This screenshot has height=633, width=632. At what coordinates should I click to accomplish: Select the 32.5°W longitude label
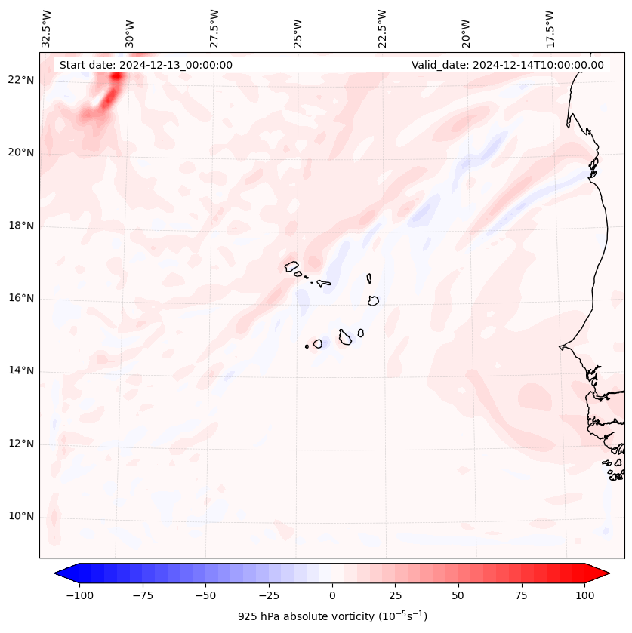tap(48, 28)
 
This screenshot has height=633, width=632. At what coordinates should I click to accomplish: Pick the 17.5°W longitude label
tap(550, 28)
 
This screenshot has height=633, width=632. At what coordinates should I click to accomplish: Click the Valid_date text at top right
tap(507, 65)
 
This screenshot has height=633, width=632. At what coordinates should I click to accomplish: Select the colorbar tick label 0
tap(331, 595)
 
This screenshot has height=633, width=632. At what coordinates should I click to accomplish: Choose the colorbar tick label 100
tap(584, 595)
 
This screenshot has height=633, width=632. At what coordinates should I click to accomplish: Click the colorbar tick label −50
tap(205, 595)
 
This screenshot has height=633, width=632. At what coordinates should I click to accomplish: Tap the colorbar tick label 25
tap(395, 595)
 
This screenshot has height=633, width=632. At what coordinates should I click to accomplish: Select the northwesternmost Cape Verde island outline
tap(291, 266)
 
